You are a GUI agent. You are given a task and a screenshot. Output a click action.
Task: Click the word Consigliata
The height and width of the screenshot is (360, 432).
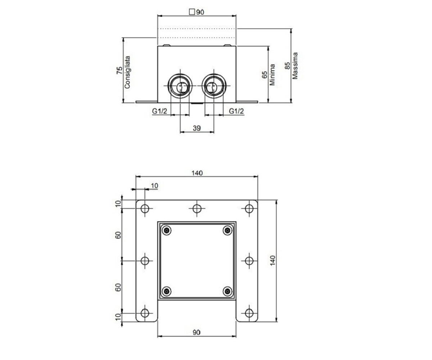[127, 72]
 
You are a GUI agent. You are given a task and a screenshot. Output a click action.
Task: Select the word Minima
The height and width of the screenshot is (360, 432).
[272, 75]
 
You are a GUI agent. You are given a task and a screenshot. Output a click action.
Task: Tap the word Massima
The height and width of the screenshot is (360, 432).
[295, 66]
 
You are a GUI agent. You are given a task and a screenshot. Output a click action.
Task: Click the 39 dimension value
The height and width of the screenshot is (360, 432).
[197, 128]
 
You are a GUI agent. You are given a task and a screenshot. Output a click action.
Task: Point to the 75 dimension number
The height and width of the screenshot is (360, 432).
[120, 71]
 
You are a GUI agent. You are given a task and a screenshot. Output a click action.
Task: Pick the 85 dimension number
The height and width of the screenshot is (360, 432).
[287, 66]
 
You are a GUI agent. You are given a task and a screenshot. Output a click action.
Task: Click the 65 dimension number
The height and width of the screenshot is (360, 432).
[265, 75]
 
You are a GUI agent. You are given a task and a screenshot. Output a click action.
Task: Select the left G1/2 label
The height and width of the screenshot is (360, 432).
[159, 111]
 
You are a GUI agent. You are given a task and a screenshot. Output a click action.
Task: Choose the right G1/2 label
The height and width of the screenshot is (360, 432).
[236, 111]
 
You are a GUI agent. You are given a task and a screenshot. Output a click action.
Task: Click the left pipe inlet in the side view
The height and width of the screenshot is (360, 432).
[180, 86]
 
